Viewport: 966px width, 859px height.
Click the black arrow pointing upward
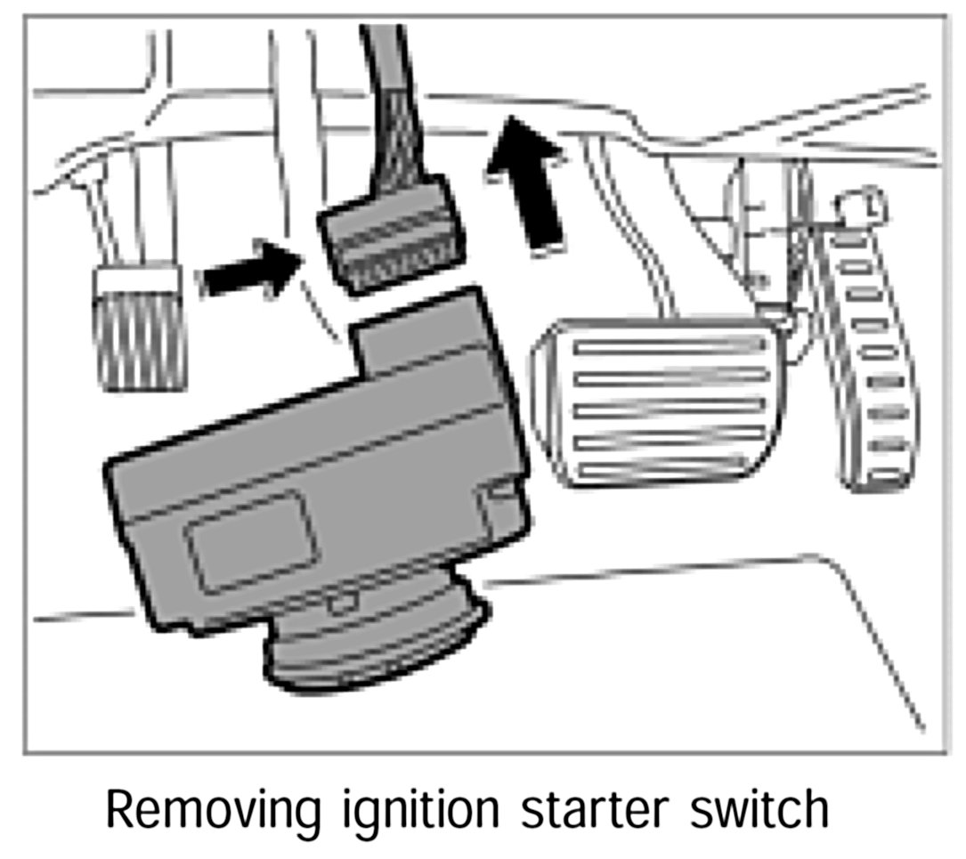coord(531,183)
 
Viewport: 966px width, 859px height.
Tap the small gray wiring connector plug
coord(392,239)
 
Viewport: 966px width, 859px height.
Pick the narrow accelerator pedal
coord(868,356)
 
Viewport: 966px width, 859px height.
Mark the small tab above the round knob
coord(337,603)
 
